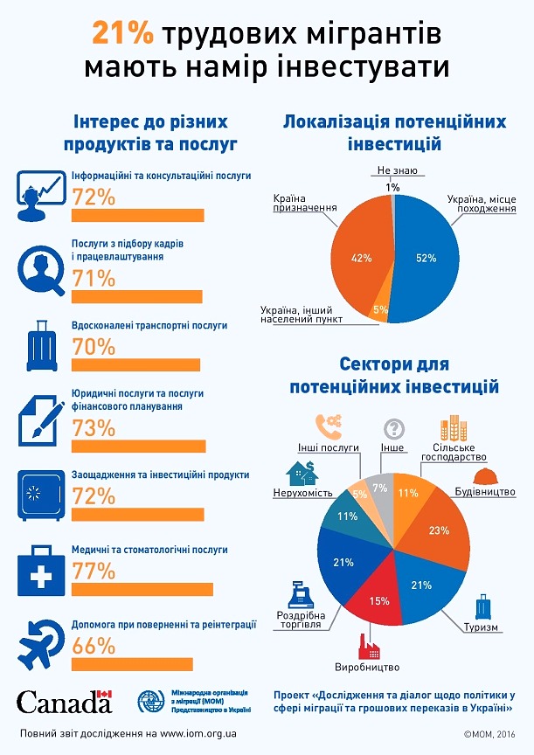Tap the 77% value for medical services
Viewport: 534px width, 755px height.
(x=94, y=571)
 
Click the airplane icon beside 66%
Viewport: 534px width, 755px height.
(x=40, y=641)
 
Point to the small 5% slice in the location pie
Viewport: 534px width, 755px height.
(x=381, y=308)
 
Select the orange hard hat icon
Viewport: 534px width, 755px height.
(x=485, y=476)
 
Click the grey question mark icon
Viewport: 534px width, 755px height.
(x=394, y=428)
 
